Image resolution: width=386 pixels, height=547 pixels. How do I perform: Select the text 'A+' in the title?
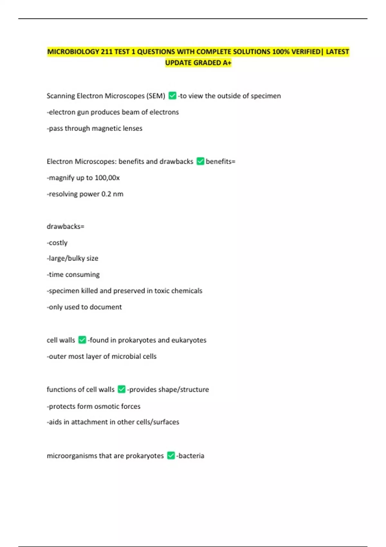click(227, 63)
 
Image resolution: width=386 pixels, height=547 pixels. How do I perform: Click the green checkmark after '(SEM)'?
click(172, 96)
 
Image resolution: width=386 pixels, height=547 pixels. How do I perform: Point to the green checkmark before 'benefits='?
click(200, 161)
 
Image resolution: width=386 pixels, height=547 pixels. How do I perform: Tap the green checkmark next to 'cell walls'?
click(82, 340)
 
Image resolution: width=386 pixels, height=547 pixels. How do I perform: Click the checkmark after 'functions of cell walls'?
click(122, 389)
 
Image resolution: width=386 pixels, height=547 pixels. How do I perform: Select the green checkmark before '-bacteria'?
click(171, 456)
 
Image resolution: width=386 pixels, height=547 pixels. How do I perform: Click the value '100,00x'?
click(107, 178)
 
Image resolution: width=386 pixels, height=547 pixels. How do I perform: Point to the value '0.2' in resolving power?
click(106, 194)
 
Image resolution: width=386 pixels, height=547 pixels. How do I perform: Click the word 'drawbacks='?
click(65, 227)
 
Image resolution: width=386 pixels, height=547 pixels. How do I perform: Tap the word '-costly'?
click(57, 243)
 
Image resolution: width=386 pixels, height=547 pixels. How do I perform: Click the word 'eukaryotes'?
click(189, 340)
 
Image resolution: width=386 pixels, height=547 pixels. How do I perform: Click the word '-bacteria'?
click(190, 456)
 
